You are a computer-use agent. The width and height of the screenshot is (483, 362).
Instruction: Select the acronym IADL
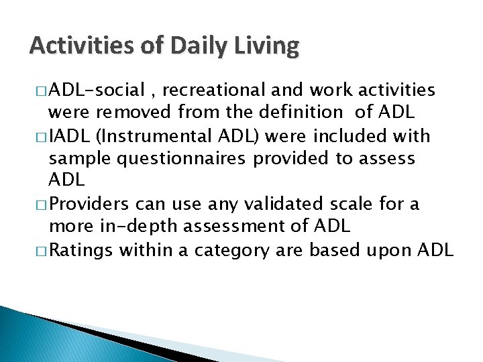[70, 137]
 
